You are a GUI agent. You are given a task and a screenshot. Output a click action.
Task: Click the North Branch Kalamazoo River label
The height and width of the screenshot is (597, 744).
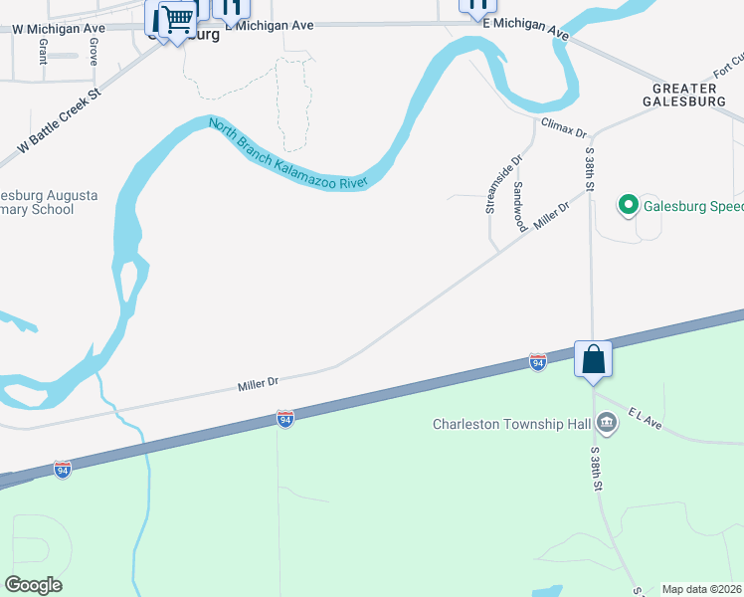tap(288, 152)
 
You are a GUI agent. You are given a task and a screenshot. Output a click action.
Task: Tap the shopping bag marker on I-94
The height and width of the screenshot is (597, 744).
tap(593, 359)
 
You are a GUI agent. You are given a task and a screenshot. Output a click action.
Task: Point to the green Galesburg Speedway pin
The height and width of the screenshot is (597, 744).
tap(628, 207)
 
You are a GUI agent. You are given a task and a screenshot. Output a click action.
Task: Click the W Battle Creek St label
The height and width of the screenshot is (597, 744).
tap(60, 123)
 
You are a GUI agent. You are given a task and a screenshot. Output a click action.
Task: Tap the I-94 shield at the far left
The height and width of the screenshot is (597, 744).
tap(63, 471)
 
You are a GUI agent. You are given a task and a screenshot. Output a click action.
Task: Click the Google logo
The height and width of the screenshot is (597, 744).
tap(33, 585)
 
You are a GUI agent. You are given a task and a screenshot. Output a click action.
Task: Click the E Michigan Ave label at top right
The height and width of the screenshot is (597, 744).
tap(525, 27)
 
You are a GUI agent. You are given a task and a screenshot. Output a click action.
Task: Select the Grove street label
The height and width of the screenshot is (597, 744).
tap(93, 52)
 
